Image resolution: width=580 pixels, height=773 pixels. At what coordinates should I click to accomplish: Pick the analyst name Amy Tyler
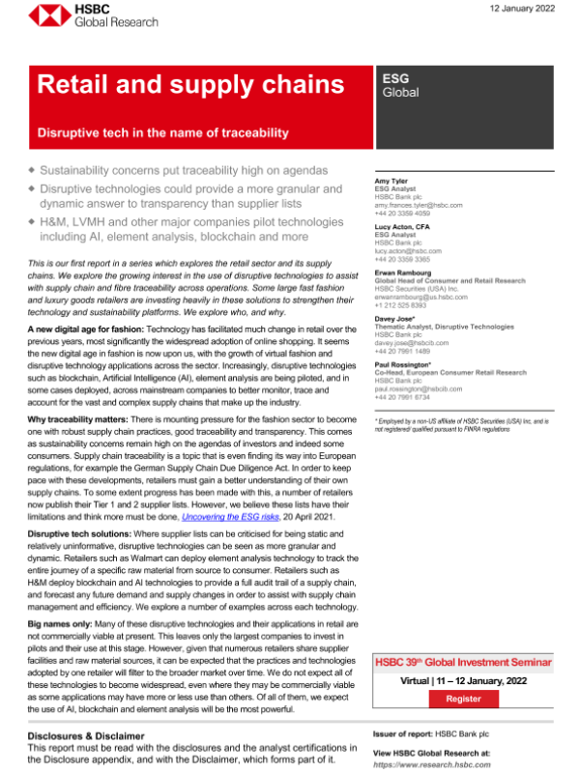point(391,181)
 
